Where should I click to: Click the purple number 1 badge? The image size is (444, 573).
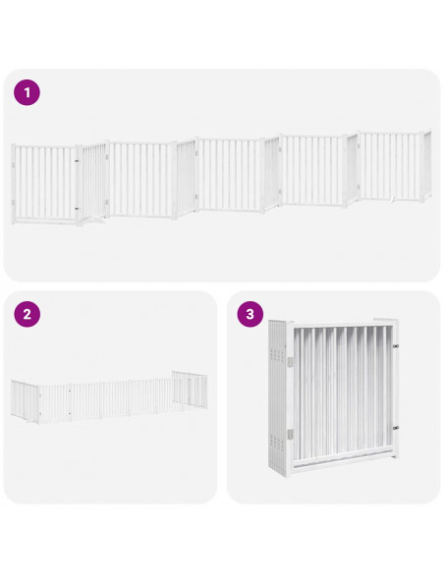(27, 93)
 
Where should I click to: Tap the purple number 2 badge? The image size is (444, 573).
(27, 315)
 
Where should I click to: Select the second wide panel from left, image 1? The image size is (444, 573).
(142, 179)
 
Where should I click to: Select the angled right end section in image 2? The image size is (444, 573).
(189, 390)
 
